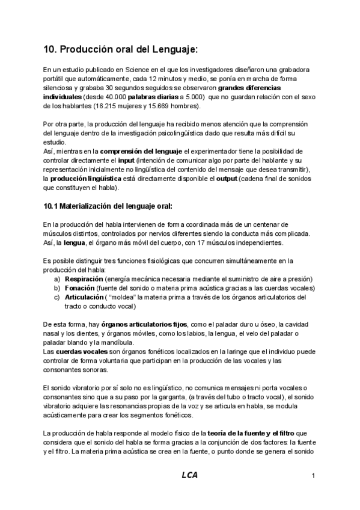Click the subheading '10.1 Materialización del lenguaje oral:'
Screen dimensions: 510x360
[108, 206]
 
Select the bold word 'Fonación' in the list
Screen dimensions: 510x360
[79, 288]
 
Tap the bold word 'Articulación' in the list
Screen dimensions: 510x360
[84, 297]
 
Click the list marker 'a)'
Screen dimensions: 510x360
[56, 279]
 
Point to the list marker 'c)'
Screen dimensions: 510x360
[56, 297]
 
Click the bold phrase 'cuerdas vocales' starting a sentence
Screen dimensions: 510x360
[80, 351]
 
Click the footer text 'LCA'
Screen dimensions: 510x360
[189, 475]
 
